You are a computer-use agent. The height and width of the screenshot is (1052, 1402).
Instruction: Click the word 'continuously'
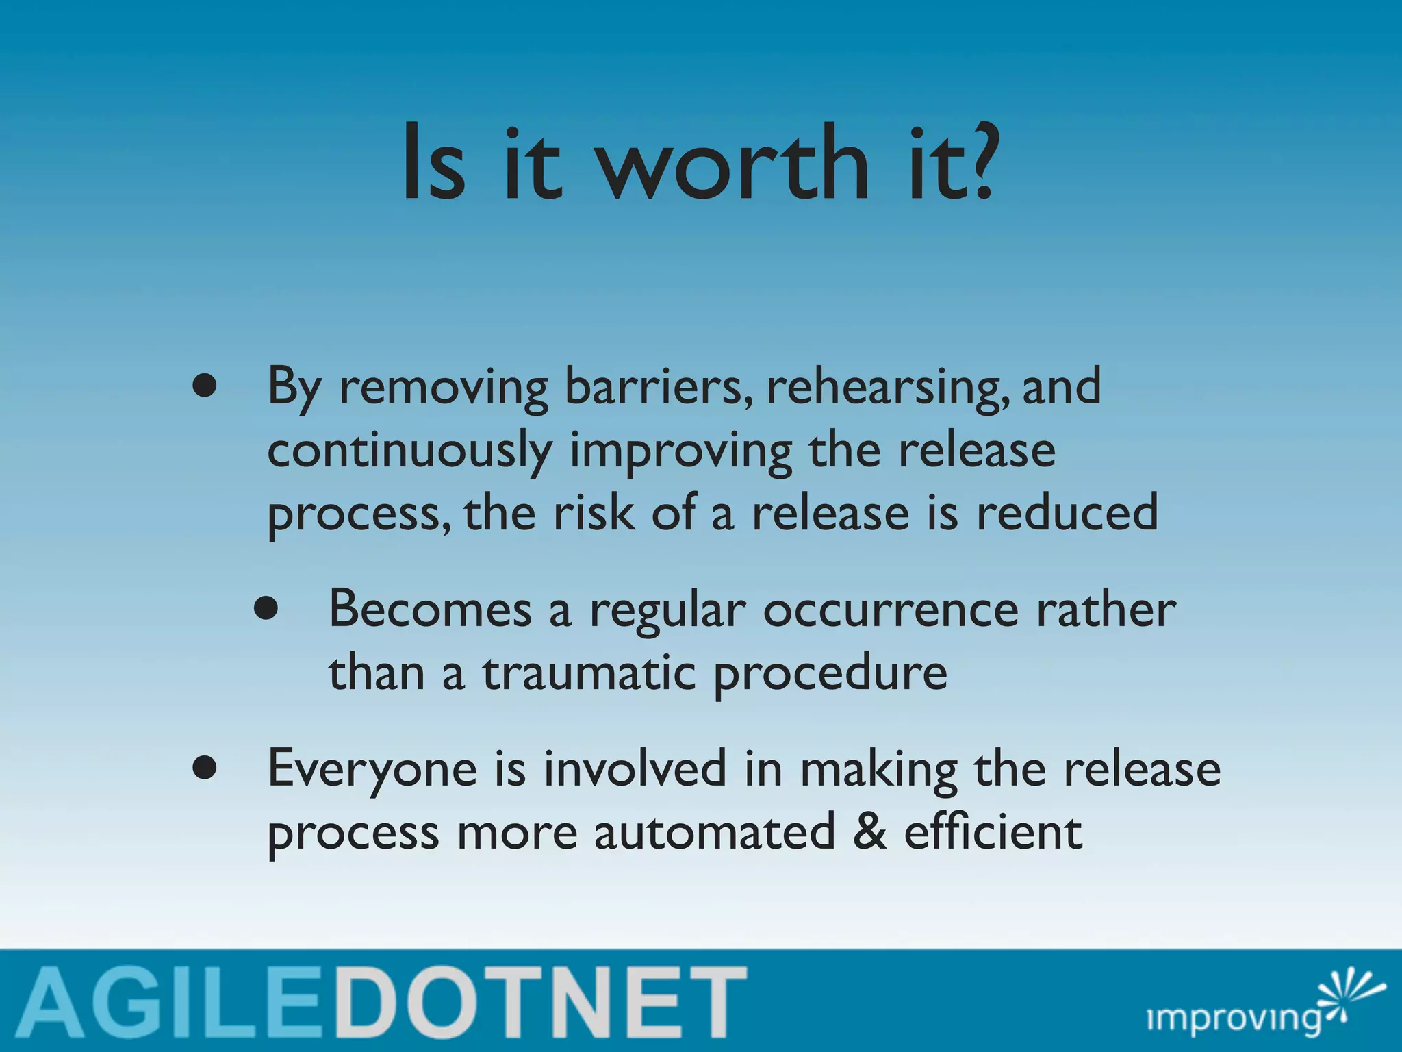[x=409, y=452]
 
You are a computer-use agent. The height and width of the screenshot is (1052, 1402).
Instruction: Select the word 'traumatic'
[x=589, y=672]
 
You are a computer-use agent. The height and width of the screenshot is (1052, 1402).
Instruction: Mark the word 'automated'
[x=715, y=833]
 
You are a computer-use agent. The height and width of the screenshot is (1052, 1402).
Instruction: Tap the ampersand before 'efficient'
[x=870, y=833]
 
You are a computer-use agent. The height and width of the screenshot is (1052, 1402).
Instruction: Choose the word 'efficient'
[x=993, y=831]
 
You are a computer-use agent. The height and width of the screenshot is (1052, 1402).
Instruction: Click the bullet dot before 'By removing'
[x=205, y=388]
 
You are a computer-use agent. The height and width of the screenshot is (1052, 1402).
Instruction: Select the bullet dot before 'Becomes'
[x=266, y=609]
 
